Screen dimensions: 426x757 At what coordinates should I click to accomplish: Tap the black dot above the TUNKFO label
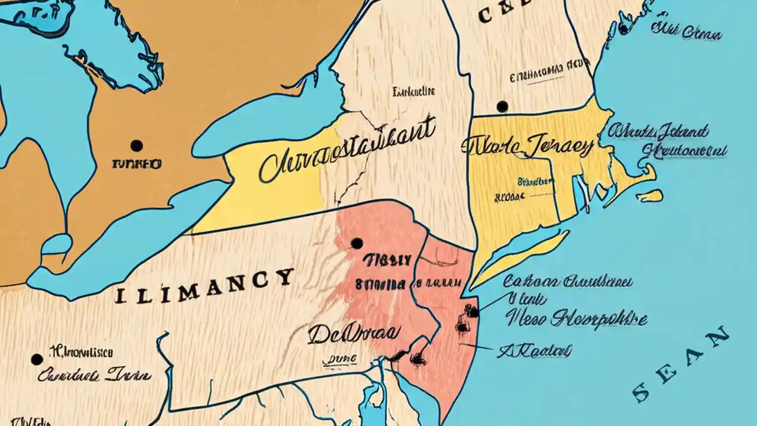(137, 146)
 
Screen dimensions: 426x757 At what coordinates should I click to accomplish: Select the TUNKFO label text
(136, 163)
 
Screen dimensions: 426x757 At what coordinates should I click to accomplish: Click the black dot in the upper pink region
(356, 243)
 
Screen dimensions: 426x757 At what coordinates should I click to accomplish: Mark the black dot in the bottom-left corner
(37, 359)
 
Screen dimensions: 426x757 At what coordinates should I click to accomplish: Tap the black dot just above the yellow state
(502, 106)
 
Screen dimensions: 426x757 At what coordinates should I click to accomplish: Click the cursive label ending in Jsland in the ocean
(659, 131)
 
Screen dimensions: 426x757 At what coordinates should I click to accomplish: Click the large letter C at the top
(484, 15)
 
